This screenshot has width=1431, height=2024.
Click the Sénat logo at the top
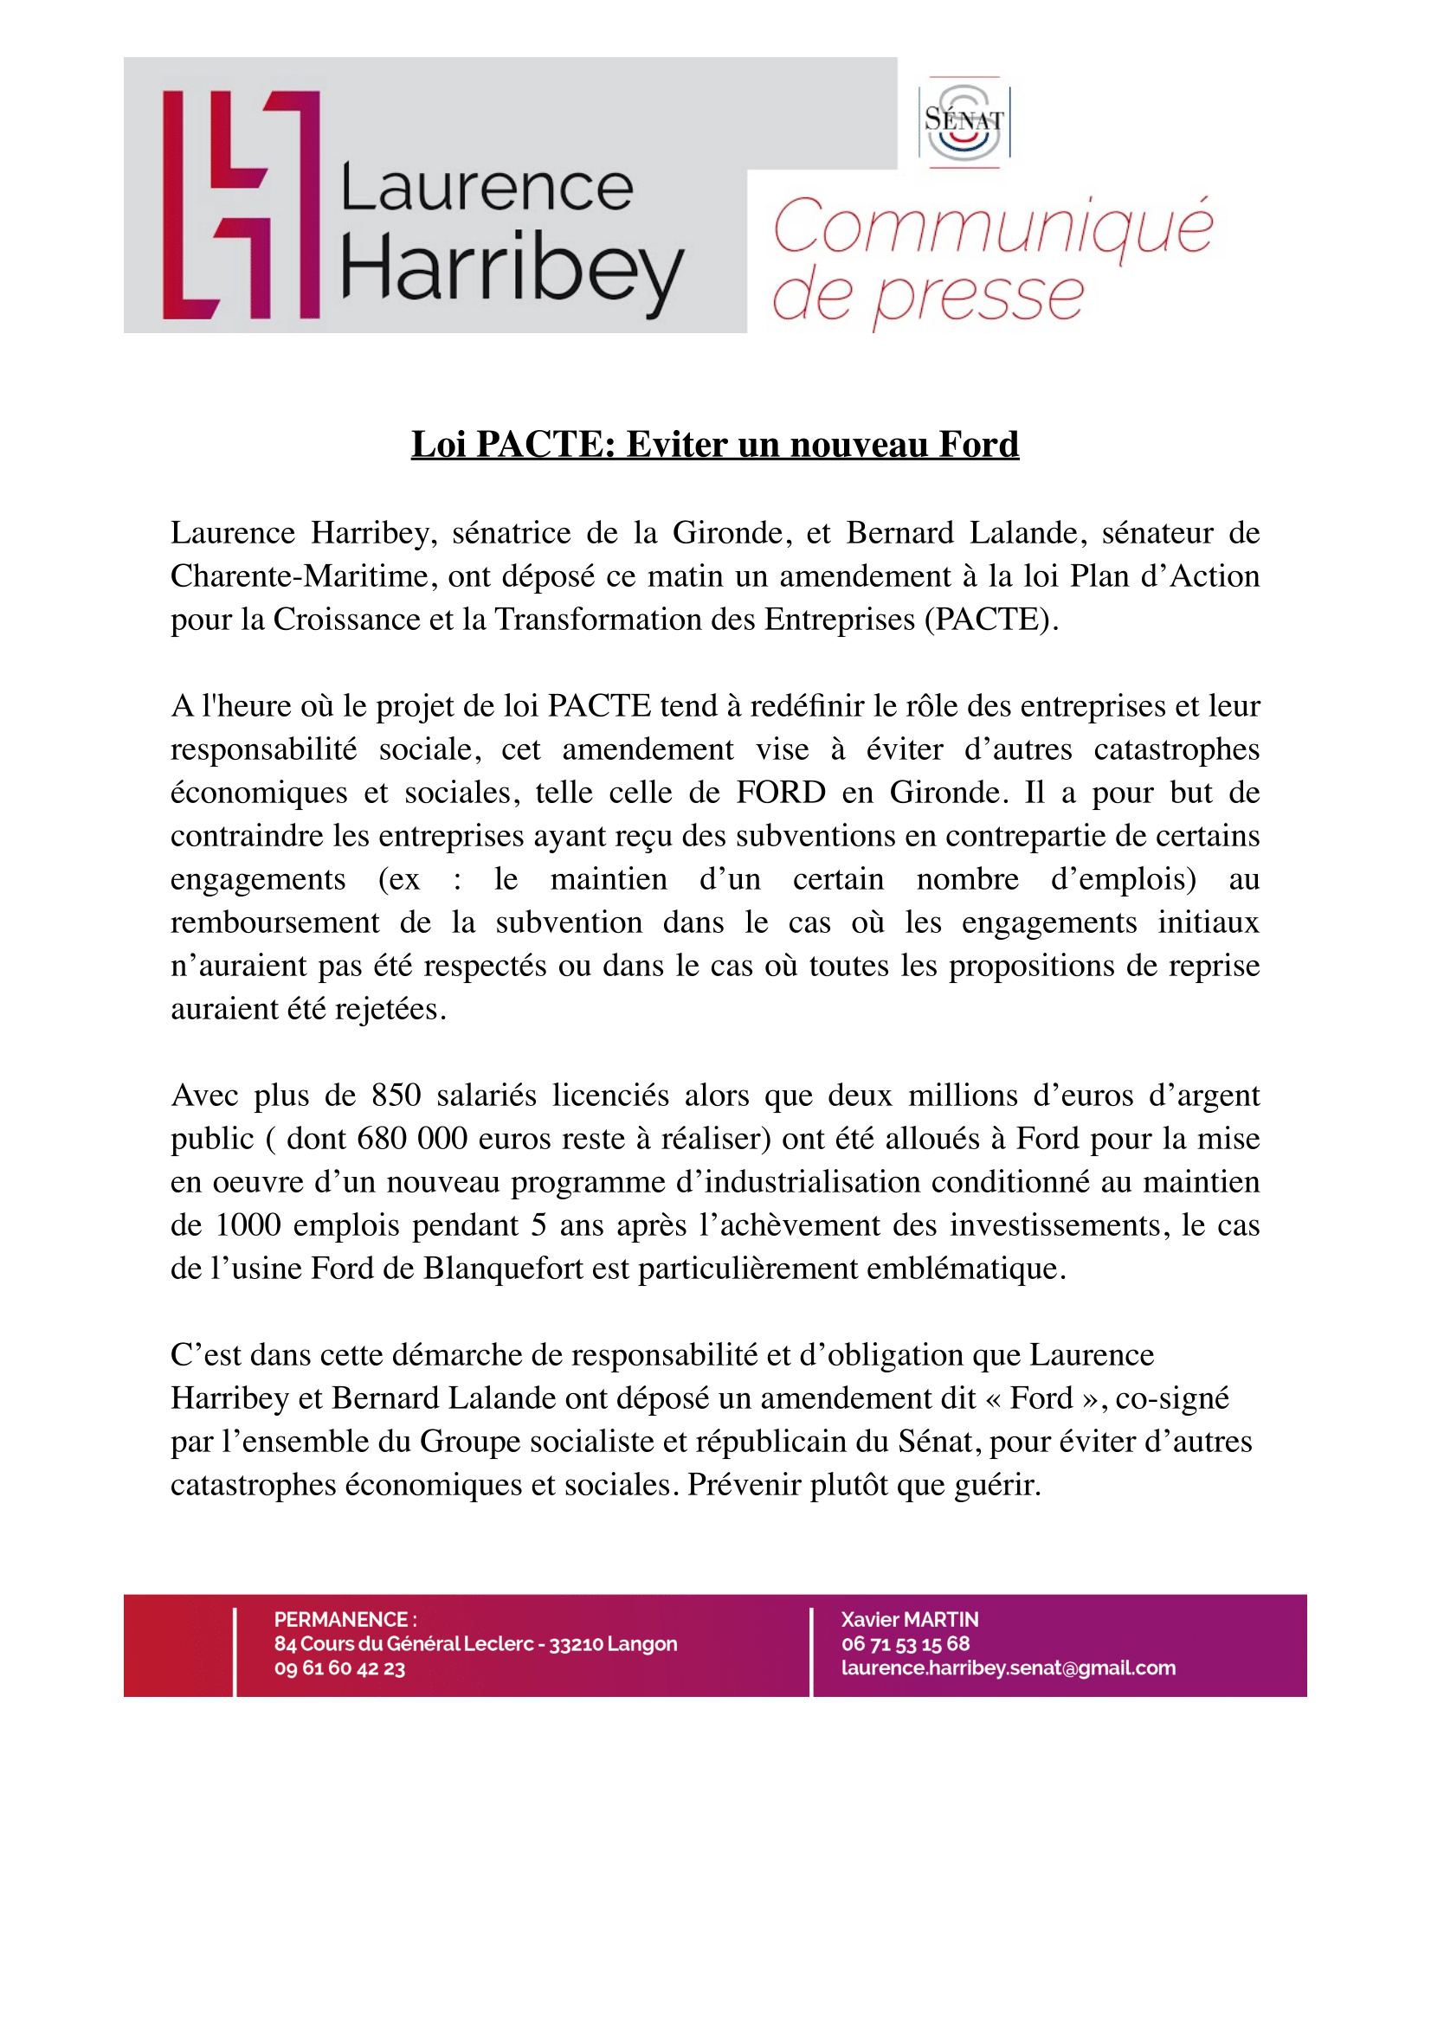click(x=964, y=123)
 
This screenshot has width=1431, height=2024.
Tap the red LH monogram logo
click(x=241, y=204)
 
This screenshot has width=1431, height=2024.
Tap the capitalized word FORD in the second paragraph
click(x=780, y=793)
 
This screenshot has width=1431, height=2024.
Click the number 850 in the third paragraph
click(x=396, y=1095)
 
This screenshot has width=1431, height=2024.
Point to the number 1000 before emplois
click(x=248, y=1225)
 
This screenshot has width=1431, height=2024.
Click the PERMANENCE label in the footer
click(x=341, y=1619)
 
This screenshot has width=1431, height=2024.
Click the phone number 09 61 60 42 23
click(x=339, y=1668)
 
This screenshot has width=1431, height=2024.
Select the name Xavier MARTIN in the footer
click(x=909, y=1619)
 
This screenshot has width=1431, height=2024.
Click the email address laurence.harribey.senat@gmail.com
click(x=1008, y=1667)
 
